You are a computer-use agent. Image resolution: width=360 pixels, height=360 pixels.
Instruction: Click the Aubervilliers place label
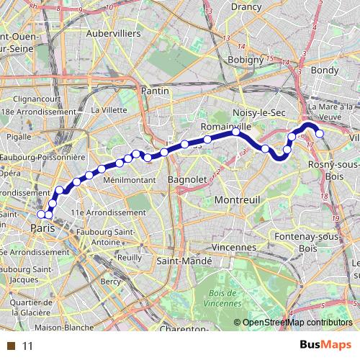pyautogui.click(x=112, y=34)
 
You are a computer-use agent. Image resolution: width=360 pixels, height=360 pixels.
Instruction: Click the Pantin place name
pyautogui.click(x=155, y=91)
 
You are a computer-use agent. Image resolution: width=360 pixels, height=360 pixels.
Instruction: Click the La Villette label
pyautogui.click(x=107, y=110)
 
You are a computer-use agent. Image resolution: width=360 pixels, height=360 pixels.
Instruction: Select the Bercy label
pyautogui.click(x=111, y=281)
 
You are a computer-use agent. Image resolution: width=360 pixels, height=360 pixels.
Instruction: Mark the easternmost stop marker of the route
pyautogui.click(x=319, y=133)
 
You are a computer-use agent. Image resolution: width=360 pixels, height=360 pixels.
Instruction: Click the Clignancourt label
pyautogui.click(x=35, y=99)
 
